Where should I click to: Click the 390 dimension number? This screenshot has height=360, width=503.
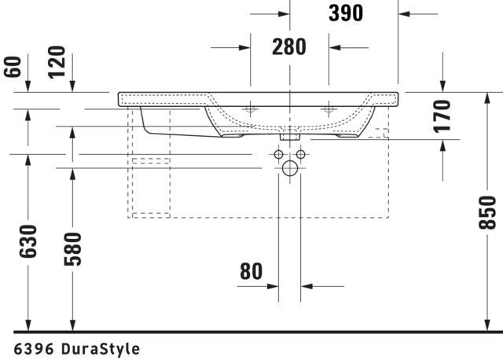(x=346, y=13)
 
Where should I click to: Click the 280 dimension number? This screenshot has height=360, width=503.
(x=289, y=47)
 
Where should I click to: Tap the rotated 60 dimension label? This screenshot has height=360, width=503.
(x=13, y=67)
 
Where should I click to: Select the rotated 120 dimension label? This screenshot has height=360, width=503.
(x=57, y=62)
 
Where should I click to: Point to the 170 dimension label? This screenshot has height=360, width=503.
(x=442, y=116)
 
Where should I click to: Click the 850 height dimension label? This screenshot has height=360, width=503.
(x=487, y=212)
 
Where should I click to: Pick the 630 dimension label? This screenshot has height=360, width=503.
(x=28, y=241)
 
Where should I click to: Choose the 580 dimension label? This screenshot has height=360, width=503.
(x=73, y=249)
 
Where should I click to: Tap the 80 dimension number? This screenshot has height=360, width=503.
(x=251, y=271)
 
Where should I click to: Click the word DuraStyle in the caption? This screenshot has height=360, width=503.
(x=101, y=349)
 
